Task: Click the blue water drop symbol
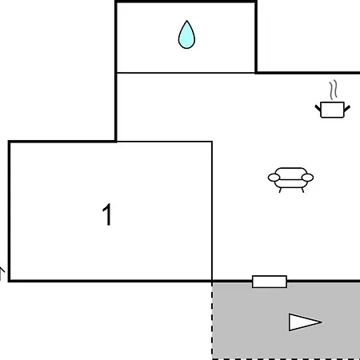click(186, 35)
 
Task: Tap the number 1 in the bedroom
click(107, 214)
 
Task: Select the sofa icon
click(290, 179)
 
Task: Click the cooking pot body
click(332, 110)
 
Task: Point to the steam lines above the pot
click(333, 90)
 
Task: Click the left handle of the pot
click(318, 108)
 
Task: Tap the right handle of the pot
click(347, 109)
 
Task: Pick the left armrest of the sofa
click(274, 178)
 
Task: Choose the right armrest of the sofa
click(307, 178)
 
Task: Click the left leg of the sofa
click(280, 190)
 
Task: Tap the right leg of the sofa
click(302, 190)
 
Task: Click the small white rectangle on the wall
click(270, 282)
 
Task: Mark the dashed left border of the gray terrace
click(212, 321)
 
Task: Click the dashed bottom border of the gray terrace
click(286, 359)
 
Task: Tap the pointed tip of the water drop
click(187, 21)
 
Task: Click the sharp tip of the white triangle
click(322, 322)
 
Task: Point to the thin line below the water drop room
click(186, 73)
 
